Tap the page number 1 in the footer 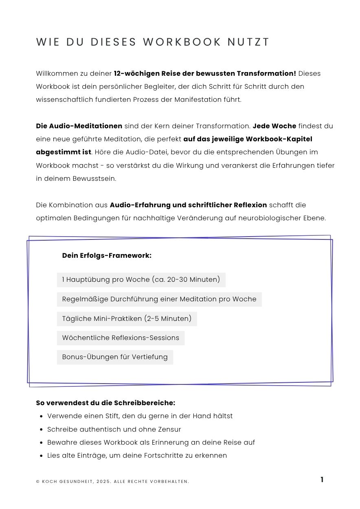[x=322, y=480]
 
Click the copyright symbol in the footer [x=38, y=482]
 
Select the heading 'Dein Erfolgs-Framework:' [x=107, y=256]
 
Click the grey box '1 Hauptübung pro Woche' [x=141, y=280]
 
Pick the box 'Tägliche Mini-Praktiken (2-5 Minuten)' [x=127, y=318]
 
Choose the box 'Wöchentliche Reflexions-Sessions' [x=121, y=338]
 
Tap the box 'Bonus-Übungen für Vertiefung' [x=115, y=357]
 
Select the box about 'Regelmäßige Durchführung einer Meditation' [x=159, y=299]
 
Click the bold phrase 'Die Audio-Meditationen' [x=79, y=126]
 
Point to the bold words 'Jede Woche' [x=274, y=126]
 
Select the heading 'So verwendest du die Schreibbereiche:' [x=105, y=403]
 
